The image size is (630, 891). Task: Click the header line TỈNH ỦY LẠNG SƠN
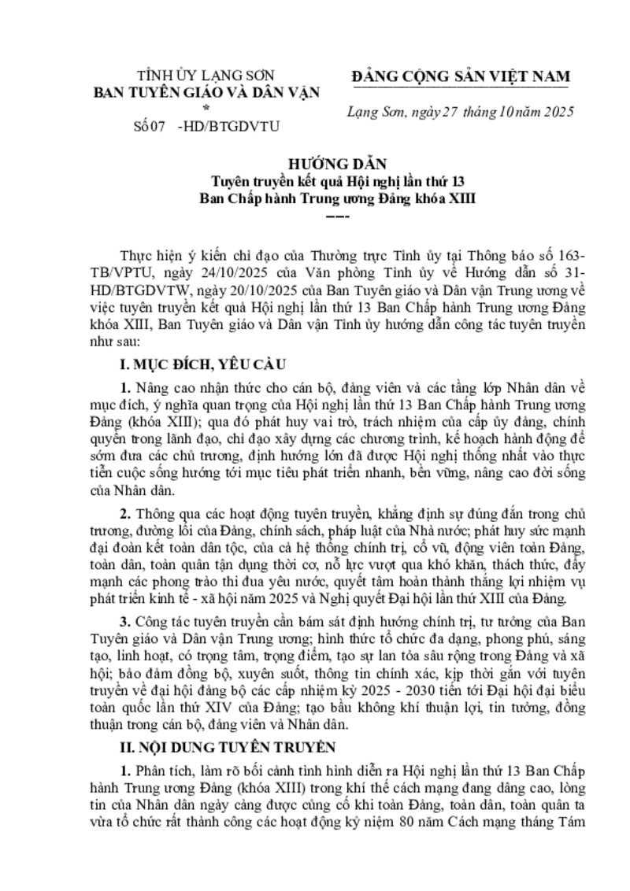pyautogui.click(x=207, y=76)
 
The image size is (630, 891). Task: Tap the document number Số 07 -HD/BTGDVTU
pyautogui.click(x=207, y=124)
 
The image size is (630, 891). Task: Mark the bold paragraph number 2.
pyautogui.click(x=124, y=512)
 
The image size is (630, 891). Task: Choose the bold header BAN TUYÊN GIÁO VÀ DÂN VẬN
pyautogui.click(x=207, y=92)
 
